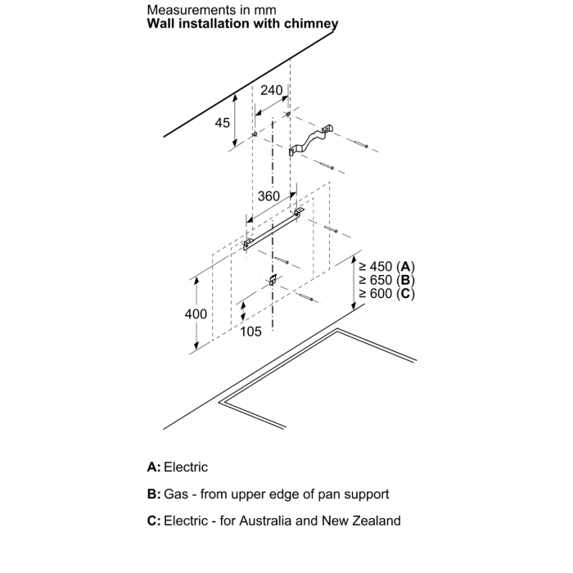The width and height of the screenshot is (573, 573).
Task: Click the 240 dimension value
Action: (271, 90)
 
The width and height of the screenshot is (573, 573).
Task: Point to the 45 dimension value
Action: (222, 123)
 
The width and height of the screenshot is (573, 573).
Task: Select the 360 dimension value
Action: (268, 196)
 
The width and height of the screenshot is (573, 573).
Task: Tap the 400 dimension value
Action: (196, 314)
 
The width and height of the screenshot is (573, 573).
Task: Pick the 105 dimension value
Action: (250, 332)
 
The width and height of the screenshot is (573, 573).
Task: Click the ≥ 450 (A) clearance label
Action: (386, 266)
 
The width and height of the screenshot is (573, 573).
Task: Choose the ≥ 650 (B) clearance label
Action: (386, 280)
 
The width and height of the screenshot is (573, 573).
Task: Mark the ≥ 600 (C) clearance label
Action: (386, 293)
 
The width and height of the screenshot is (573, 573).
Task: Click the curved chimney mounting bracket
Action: (310, 141)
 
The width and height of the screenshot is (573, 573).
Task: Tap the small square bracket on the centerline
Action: (273, 280)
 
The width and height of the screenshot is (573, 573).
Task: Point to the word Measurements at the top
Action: (187, 10)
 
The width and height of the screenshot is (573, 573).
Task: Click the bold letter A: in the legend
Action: (154, 467)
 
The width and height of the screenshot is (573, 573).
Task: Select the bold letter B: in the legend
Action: (154, 494)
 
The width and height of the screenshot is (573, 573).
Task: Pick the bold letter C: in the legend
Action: (154, 521)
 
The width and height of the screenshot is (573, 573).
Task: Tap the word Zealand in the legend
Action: (377, 521)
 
